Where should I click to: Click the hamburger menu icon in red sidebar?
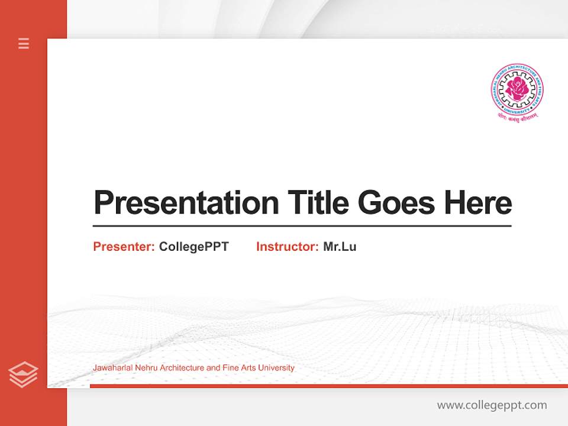24,43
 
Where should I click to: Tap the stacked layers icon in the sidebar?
23,375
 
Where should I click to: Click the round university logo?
517,90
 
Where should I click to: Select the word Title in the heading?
318,203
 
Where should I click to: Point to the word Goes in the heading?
396,203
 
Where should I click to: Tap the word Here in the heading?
477,203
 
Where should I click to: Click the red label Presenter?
124,247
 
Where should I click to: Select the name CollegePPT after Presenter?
193,247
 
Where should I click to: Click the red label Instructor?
287,247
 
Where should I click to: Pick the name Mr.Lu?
340,247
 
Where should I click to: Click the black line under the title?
302,225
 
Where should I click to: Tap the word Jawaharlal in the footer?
112,368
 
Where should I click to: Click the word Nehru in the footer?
146,368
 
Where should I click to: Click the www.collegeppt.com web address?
492,405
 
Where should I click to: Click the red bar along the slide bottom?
328,386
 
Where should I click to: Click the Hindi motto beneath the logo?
517,117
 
